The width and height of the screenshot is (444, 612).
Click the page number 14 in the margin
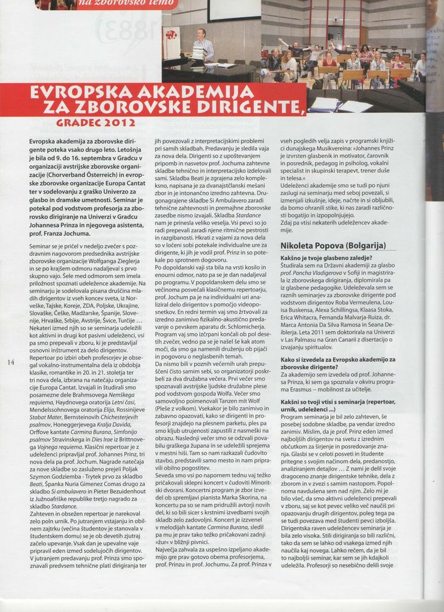tap(11, 362)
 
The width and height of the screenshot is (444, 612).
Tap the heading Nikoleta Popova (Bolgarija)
tap(338, 246)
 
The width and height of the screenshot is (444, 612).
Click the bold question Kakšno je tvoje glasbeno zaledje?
tap(326, 258)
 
